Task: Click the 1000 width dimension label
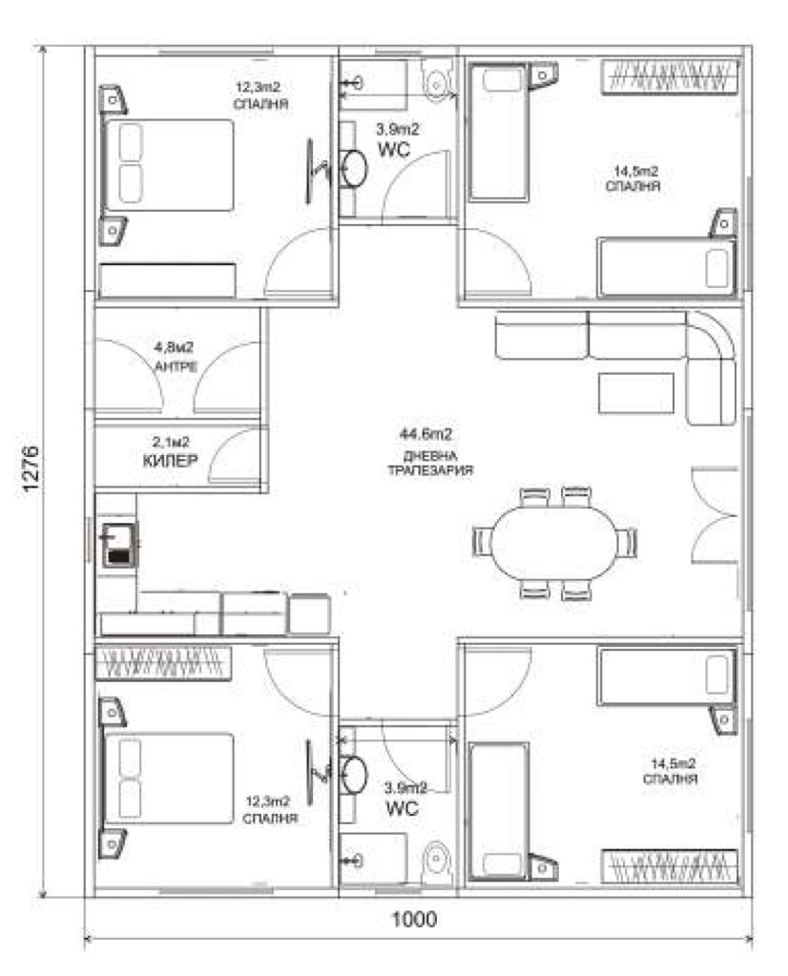coord(414,919)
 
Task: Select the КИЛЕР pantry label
coord(171,460)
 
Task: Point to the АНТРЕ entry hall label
coord(176,366)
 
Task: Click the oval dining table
coord(553,542)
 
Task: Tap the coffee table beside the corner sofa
coord(636,393)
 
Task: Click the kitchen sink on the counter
coord(119,546)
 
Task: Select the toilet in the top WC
coord(438,79)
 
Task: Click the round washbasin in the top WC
coord(354,168)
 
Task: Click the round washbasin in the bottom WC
coord(354,775)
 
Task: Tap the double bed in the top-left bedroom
coord(167,166)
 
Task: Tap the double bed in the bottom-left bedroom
coord(167,779)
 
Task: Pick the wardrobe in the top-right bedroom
coord(670,76)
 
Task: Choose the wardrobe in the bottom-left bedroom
coord(162,663)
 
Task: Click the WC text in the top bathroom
coord(394,150)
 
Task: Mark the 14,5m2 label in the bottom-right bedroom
coord(673,763)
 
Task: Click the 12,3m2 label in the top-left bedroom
coord(258,87)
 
